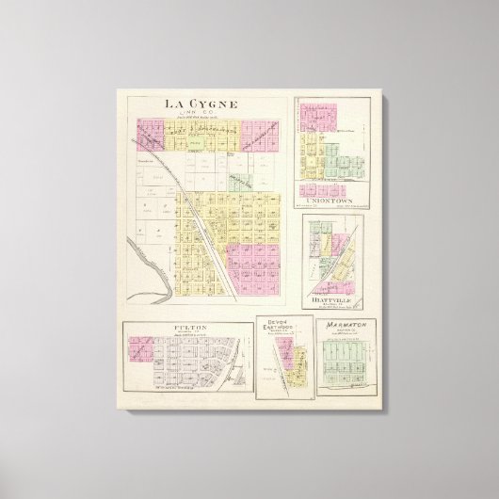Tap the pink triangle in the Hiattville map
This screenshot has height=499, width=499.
tap(328, 282)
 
